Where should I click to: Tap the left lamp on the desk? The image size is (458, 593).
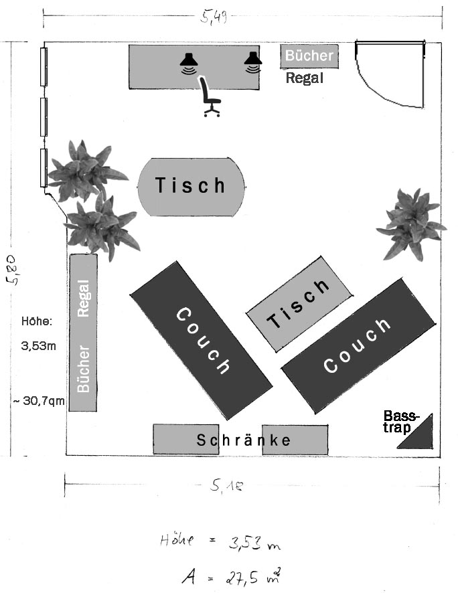tap(189, 62)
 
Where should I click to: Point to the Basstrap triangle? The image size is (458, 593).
tap(418, 434)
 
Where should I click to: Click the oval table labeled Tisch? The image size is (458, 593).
tap(191, 186)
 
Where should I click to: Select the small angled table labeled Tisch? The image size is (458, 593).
tap(299, 303)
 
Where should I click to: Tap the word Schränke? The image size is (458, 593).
tap(244, 440)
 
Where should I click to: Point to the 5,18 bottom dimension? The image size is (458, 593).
tap(226, 487)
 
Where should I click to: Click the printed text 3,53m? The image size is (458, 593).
tap(37, 347)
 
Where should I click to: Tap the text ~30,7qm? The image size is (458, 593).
tap(37, 401)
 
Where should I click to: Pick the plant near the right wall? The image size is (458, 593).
tap(410, 224)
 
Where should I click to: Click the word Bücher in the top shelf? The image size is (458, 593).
tap(309, 56)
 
